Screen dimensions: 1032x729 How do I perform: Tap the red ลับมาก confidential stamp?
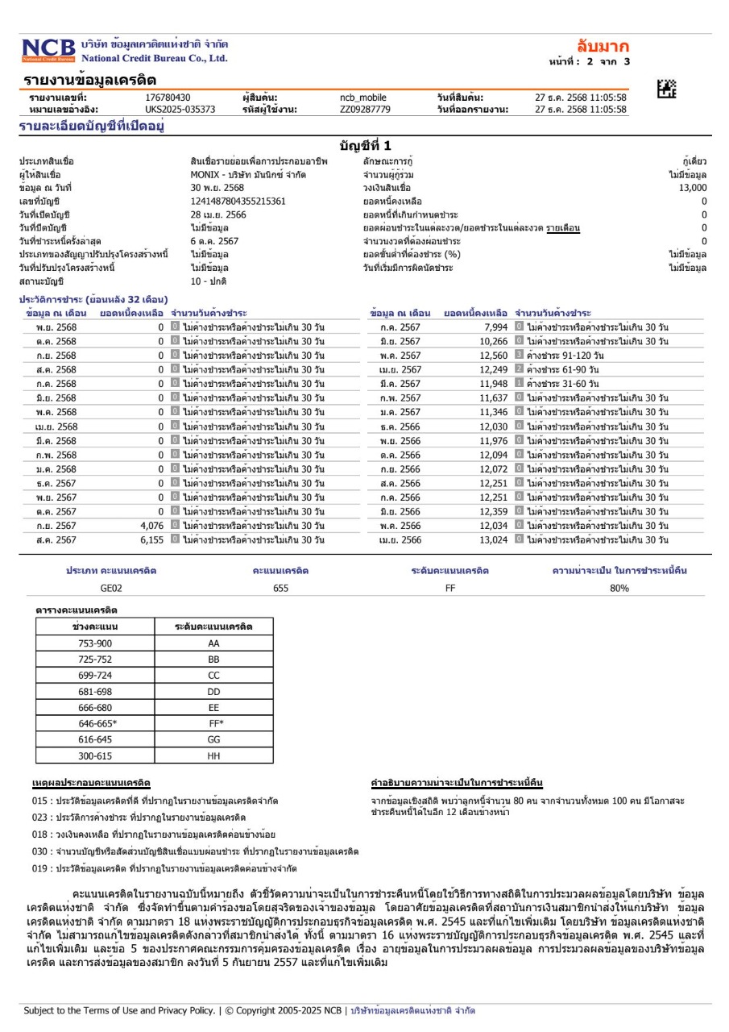coord(603,46)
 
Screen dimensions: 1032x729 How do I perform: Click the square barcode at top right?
coord(667,89)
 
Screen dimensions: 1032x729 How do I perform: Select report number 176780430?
coord(168,98)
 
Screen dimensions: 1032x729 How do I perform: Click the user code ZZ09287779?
coord(365,109)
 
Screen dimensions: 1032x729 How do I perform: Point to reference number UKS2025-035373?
coord(180,109)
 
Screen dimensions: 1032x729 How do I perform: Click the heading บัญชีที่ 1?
coord(365,146)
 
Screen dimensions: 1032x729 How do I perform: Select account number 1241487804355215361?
coord(238,201)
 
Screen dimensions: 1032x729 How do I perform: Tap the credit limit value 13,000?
coord(692,187)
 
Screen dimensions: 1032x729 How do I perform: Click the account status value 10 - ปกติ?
coord(209,281)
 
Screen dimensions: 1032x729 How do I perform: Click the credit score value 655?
coord(280,589)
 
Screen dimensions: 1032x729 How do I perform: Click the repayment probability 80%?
coord(619,589)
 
